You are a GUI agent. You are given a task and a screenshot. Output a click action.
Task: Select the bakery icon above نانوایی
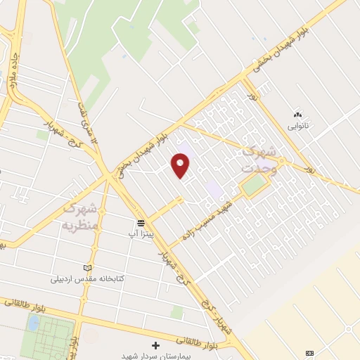pos(297,115)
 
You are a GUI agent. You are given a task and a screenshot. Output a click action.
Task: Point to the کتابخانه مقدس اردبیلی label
pos(87,278)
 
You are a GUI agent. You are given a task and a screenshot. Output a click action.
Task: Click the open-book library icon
pos(87,268)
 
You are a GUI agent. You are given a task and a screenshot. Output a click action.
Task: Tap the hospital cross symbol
pos(155,345)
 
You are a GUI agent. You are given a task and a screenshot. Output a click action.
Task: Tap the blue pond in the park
pos(33,323)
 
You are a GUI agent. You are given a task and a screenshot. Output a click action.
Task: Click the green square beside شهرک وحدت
pos(255,186)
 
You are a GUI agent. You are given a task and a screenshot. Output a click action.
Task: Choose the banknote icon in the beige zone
pos(310,352)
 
